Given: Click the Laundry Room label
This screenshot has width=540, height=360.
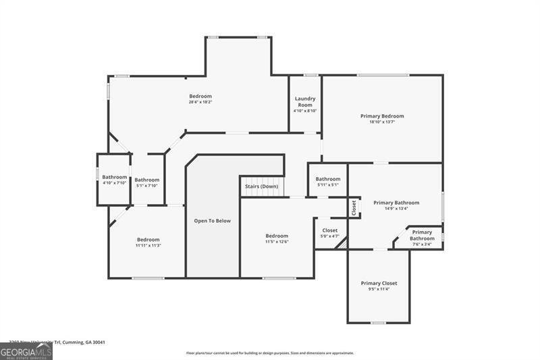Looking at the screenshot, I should click(305, 101).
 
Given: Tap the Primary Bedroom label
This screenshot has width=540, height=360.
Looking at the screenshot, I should click(382, 116).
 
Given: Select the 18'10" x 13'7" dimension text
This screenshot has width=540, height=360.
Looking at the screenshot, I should click(382, 122).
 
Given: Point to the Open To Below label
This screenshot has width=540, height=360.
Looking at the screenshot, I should click(213, 221).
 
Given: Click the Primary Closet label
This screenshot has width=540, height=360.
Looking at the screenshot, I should click(379, 283).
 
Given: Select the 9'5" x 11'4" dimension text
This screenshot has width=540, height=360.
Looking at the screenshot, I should click(379, 289).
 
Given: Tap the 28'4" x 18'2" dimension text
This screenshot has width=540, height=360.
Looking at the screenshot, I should click(200, 103).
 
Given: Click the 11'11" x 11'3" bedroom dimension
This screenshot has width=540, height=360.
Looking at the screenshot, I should click(148, 246).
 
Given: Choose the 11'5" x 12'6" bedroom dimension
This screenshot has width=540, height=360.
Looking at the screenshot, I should click(277, 242).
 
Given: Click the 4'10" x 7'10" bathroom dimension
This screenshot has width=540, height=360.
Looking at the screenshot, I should click(115, 183).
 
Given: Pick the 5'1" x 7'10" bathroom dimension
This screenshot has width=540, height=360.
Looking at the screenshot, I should click(146, 186).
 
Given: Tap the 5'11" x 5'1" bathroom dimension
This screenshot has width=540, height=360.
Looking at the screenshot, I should click(328, 185).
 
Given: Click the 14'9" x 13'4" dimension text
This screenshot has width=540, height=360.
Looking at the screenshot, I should click(396, 209).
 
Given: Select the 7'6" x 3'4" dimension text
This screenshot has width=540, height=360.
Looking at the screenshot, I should click(423, 245).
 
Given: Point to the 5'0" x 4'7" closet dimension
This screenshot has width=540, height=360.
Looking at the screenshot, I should click(330, 236).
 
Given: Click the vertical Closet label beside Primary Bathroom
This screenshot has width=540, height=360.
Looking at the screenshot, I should click(353, 207).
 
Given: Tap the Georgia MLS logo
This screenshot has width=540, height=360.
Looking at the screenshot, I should click(26, 351).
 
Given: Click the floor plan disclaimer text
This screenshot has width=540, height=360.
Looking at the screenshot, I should click(270, 353).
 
